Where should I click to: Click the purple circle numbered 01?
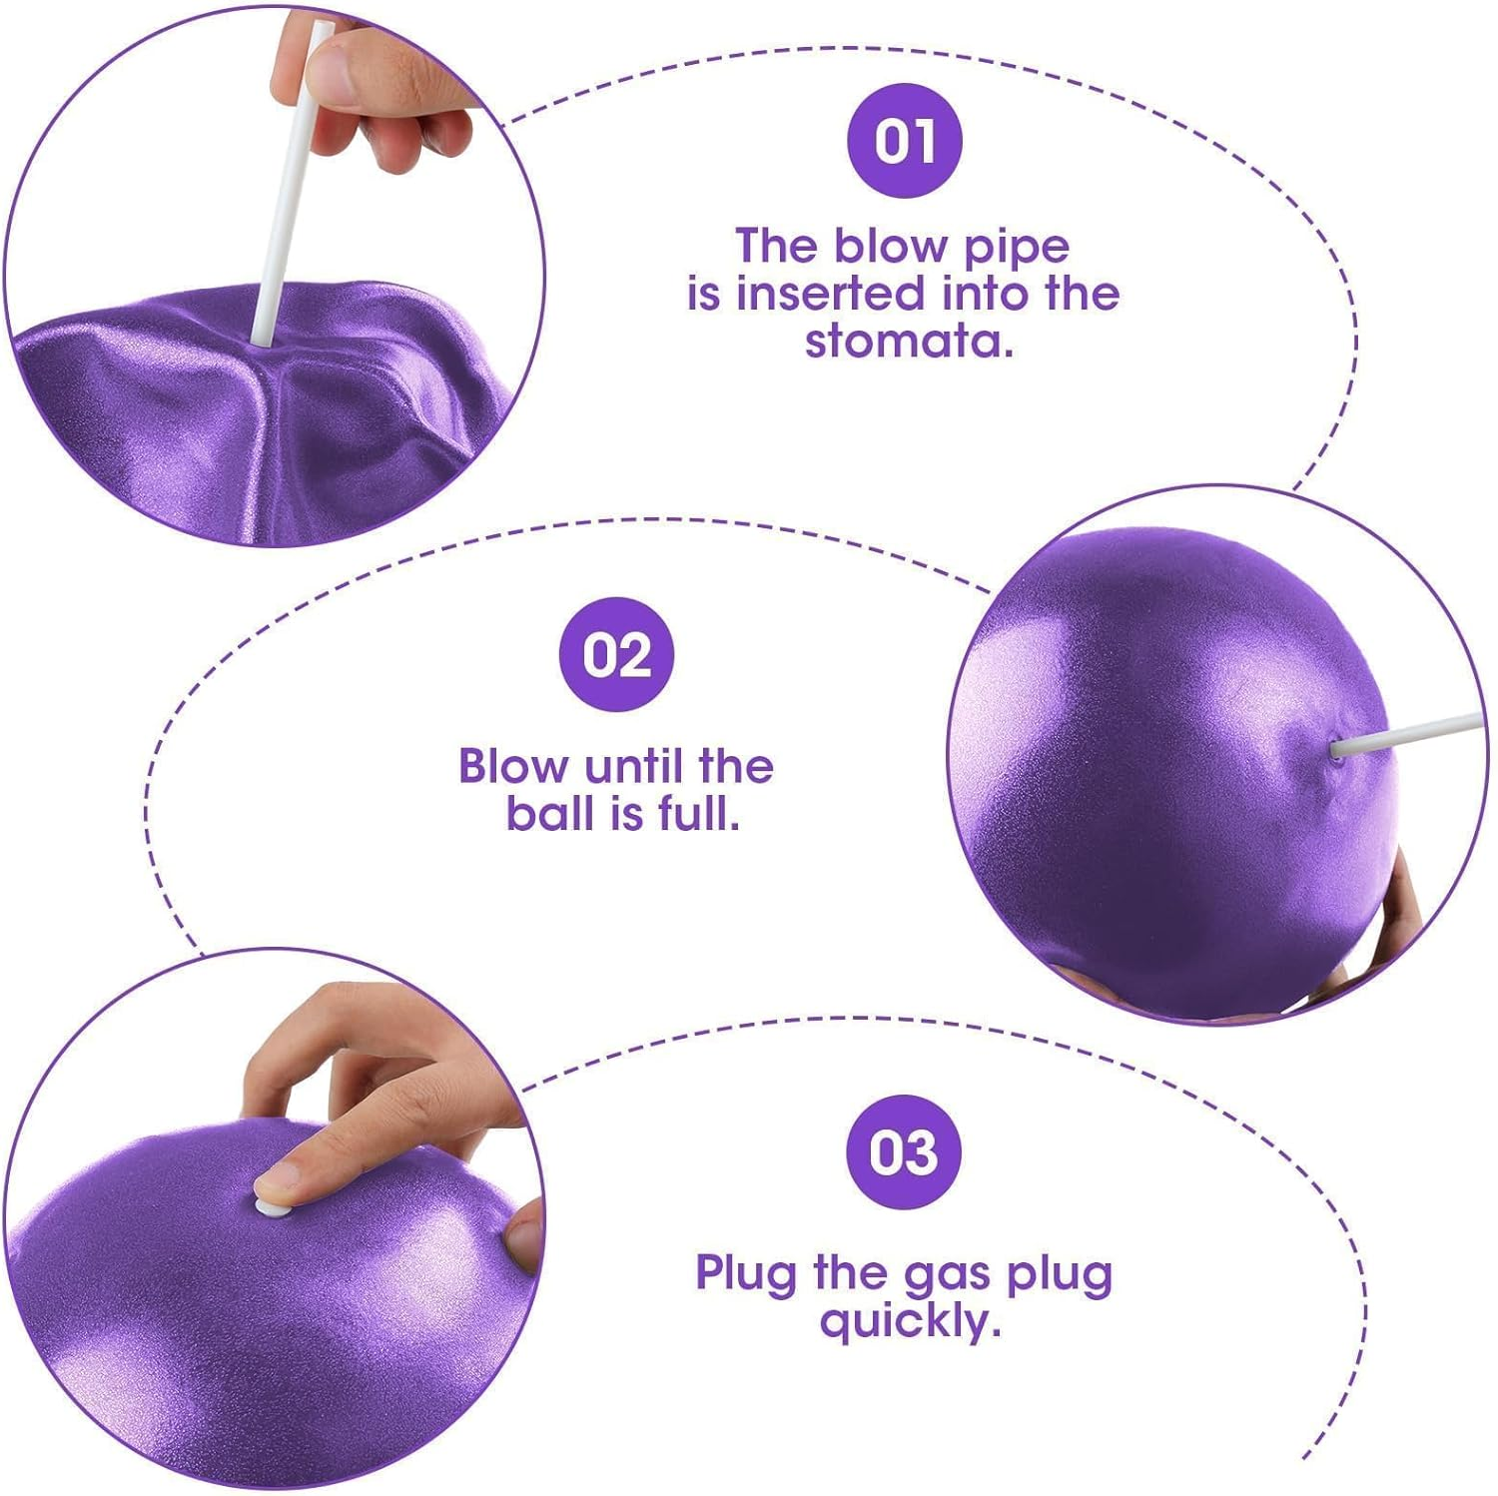coord(904,140)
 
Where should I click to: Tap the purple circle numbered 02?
coord(616,654)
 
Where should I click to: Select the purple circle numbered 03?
coord(904,1151)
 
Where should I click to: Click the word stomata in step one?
coord(909,342)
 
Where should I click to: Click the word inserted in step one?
coord(835,294)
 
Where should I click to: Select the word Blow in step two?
coord(514,767)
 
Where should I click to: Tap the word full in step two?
coord(698,814)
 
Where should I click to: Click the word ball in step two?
coord(549,814)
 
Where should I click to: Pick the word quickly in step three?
coord(910,1323)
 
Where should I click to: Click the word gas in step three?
coord(948,1276)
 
